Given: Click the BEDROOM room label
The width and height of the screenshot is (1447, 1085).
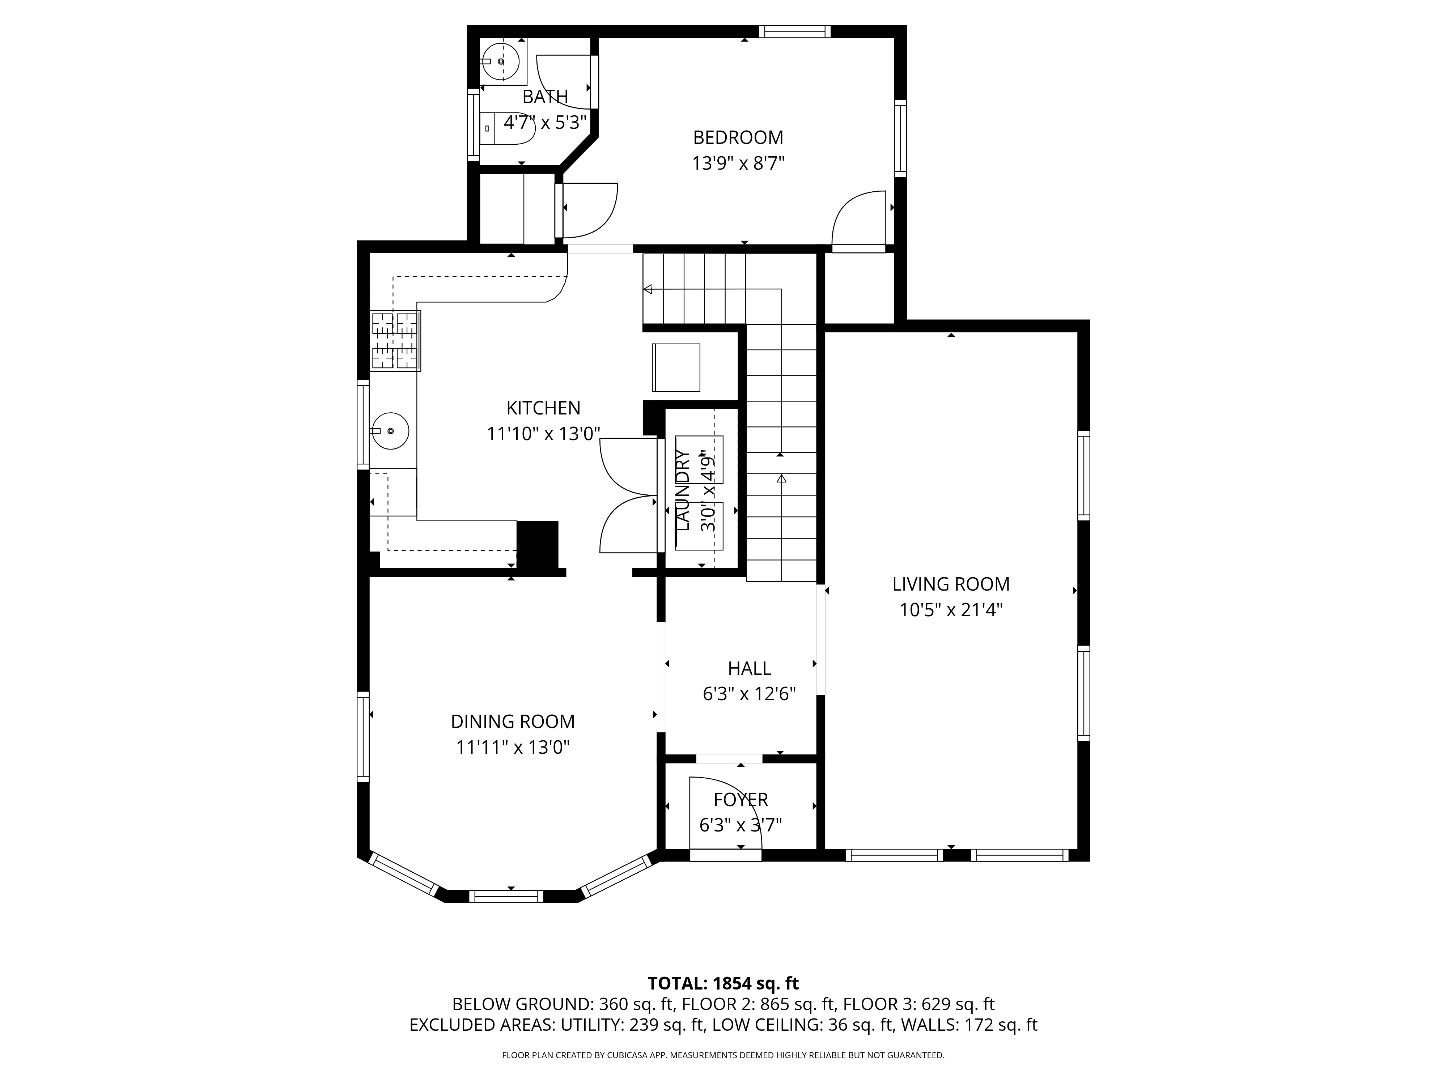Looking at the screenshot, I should (x=738, y=137).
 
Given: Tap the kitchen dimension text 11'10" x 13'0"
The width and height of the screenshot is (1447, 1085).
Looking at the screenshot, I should (x=543, y=434).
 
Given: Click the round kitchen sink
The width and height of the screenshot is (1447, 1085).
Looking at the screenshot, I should (x=391, y=431).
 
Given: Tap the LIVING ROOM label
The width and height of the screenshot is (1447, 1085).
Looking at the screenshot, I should (x=950, y=584).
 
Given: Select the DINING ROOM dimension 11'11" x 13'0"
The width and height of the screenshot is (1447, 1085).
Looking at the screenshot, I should (x=513, y=747).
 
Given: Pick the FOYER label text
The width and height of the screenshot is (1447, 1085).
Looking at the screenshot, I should (x=741, y=799).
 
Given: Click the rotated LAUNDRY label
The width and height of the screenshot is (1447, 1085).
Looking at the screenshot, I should (x=682, y=490).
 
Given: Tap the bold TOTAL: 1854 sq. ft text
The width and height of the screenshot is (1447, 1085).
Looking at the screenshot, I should (x=723, y=983).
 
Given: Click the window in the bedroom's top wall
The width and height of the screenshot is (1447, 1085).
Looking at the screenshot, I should (x=795, y=31).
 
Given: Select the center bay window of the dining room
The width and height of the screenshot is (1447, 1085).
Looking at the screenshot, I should (x=506, y=896).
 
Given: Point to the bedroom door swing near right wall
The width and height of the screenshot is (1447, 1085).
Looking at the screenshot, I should (x=859, y=219).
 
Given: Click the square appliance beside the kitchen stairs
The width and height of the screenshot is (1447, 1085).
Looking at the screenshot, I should (x=676, y=367).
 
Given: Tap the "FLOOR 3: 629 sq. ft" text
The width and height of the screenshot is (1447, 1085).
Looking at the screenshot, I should (x=918, y=1004).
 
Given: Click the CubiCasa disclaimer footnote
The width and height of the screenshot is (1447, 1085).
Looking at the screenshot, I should (x=723, y=1055).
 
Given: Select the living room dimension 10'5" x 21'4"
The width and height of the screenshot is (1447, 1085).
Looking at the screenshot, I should (x=950, y=609).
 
